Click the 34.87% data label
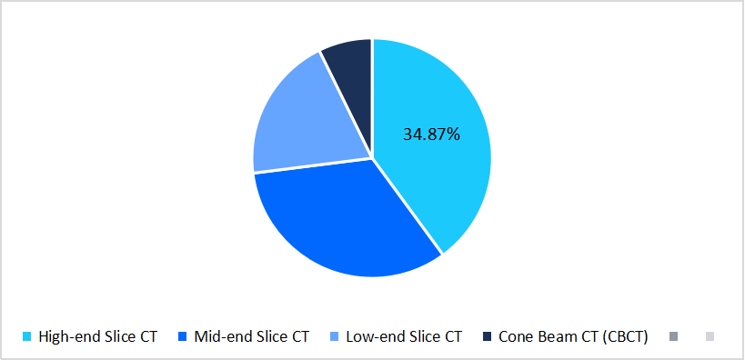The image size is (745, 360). point(431,135)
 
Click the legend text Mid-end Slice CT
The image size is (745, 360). point(252,336)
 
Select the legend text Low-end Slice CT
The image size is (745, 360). point(404,336)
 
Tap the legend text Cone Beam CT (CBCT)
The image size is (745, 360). point(572,336)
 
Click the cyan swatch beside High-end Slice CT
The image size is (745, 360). point(28,337)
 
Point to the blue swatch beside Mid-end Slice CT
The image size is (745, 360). point(182,337)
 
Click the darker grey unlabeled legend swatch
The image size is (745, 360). point(673,337)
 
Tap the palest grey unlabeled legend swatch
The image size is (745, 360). point(710,337)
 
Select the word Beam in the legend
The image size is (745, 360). point(571,336)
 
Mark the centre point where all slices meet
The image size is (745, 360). point(372,159)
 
